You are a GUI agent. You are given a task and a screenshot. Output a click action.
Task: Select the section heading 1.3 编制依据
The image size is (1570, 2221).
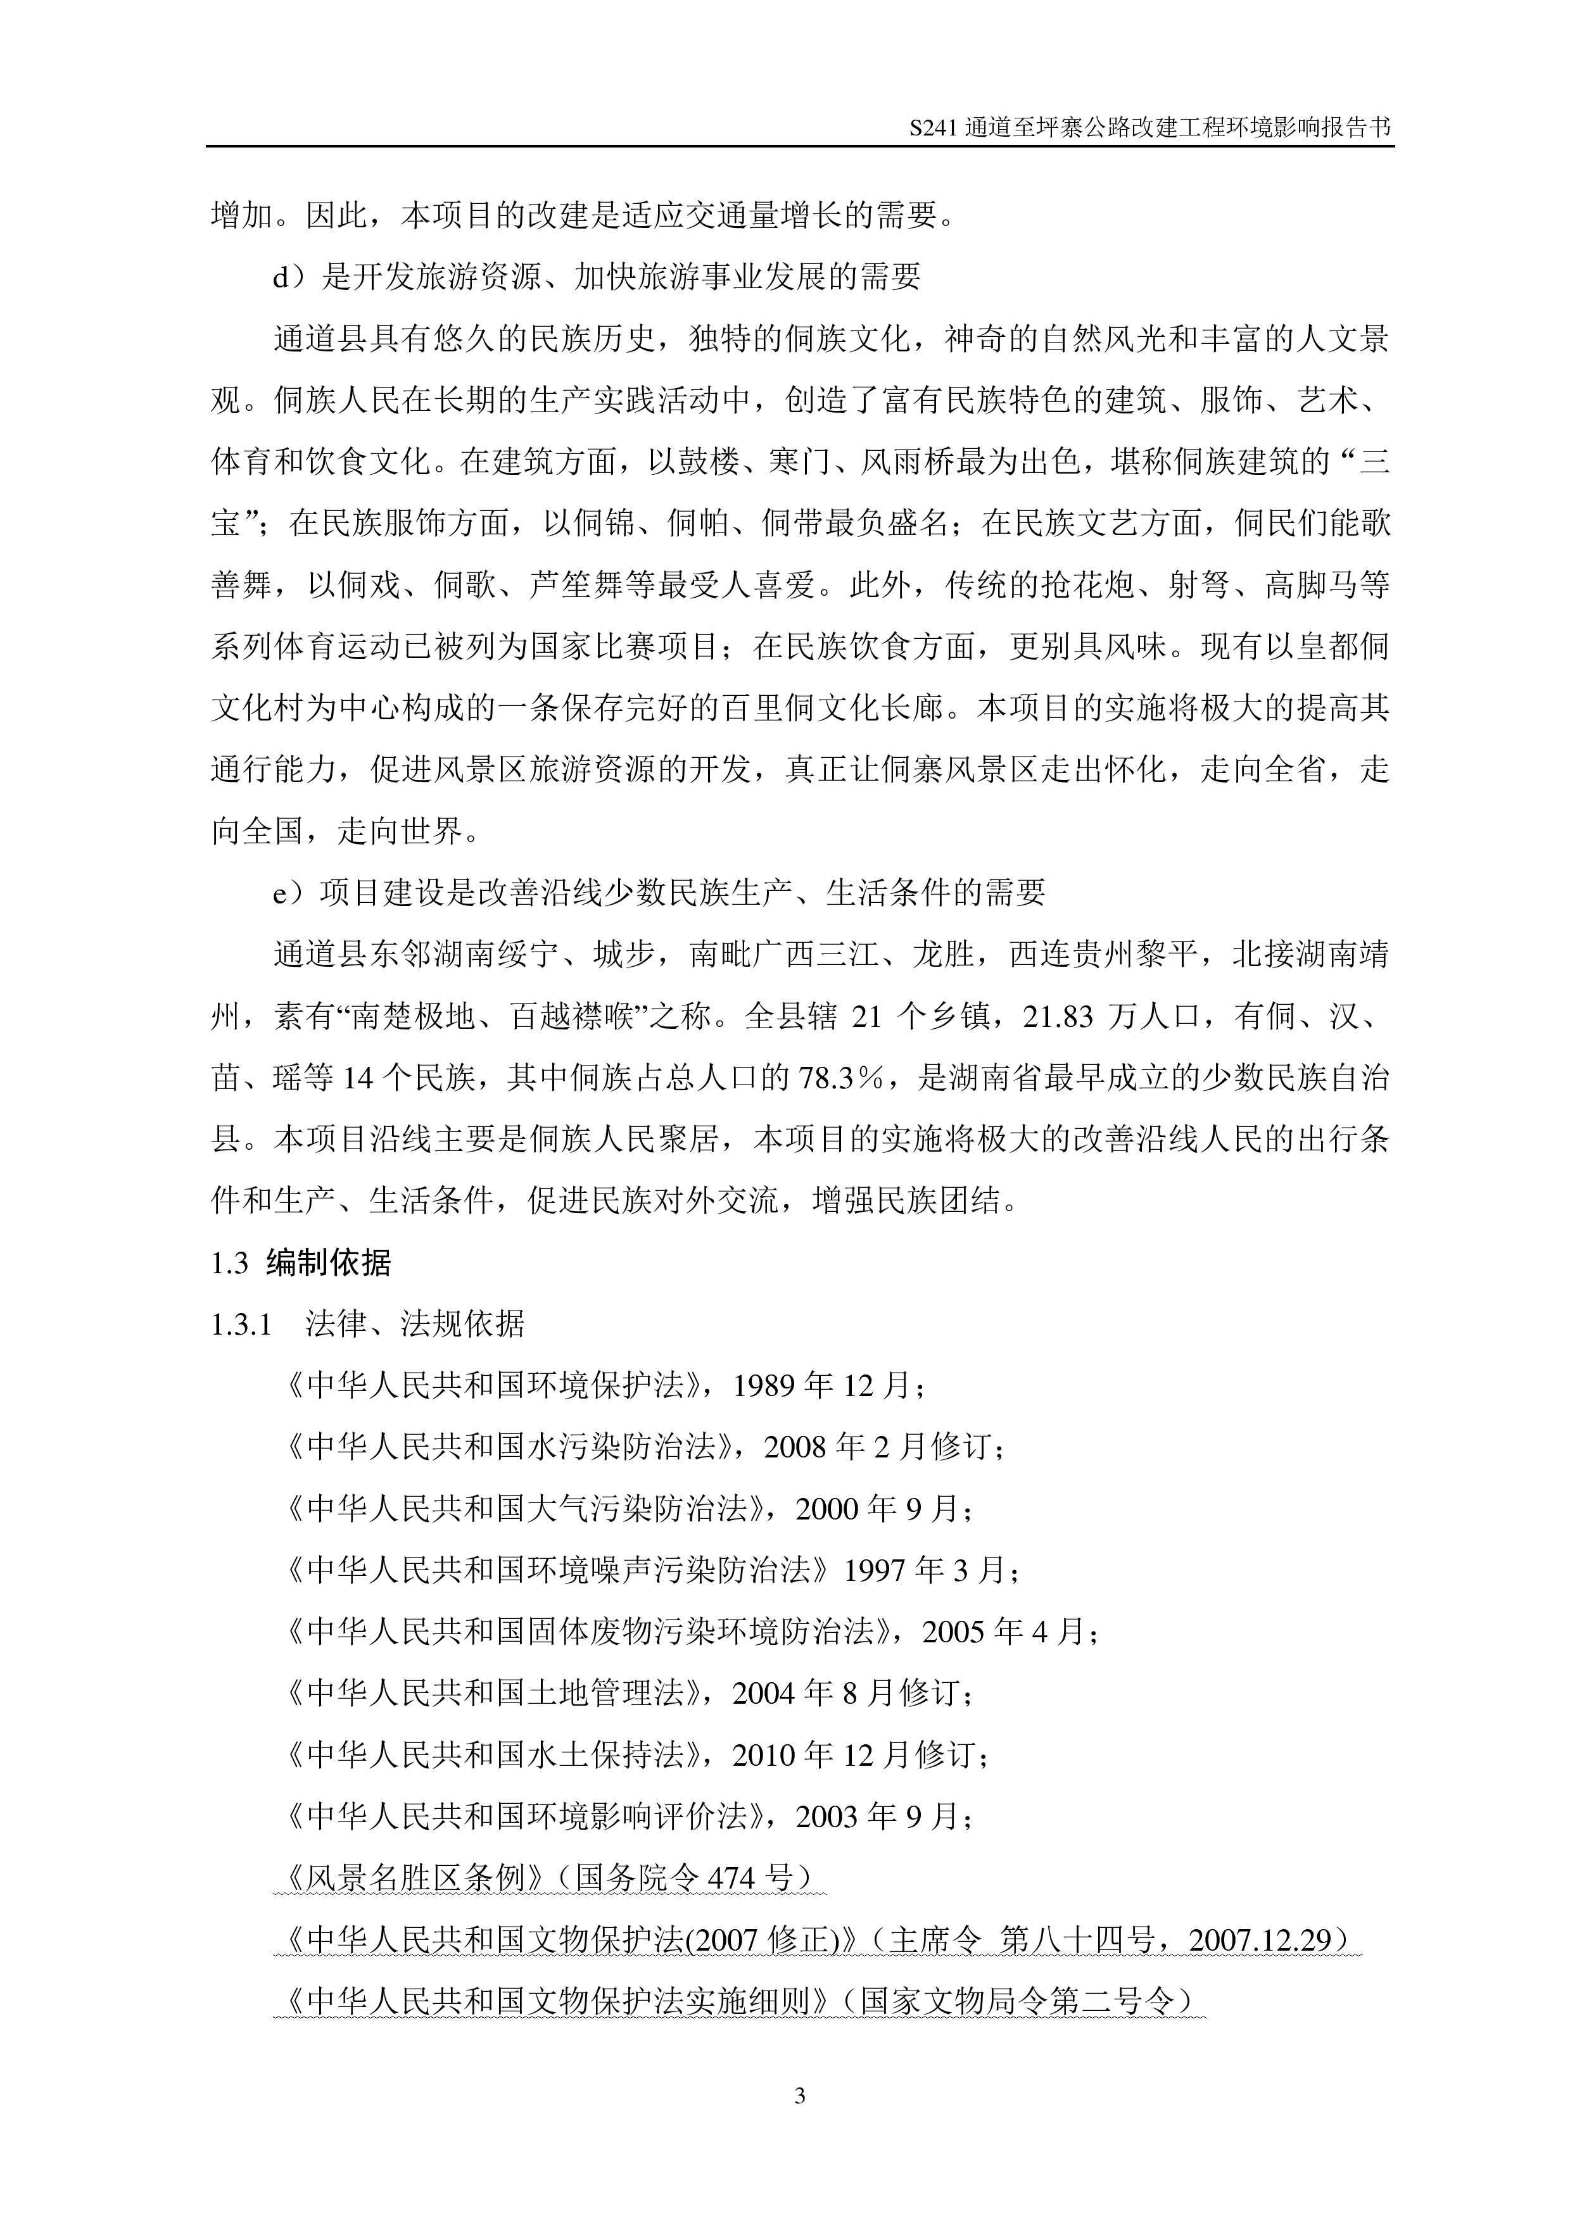[x=301, y=1262]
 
